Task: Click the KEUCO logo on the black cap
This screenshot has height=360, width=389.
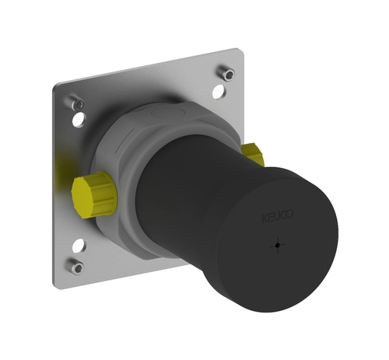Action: pyautogui.click(x=278, y=217)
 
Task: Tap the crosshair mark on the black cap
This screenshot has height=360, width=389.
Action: pyautogui.click(x=278, y=245)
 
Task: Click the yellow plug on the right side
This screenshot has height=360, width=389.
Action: pyautogui.click(x=253, y=155)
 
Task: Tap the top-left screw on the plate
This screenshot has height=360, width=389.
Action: pyautogui.click(x=77, y=103)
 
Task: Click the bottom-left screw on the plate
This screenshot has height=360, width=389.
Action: pyautogui.click(x=77, y=267)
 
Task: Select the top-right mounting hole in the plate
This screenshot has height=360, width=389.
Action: pyautogui.click(x=219, y=92)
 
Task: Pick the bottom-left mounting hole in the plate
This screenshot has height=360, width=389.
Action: pyautogui.click(x=79, y=245)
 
